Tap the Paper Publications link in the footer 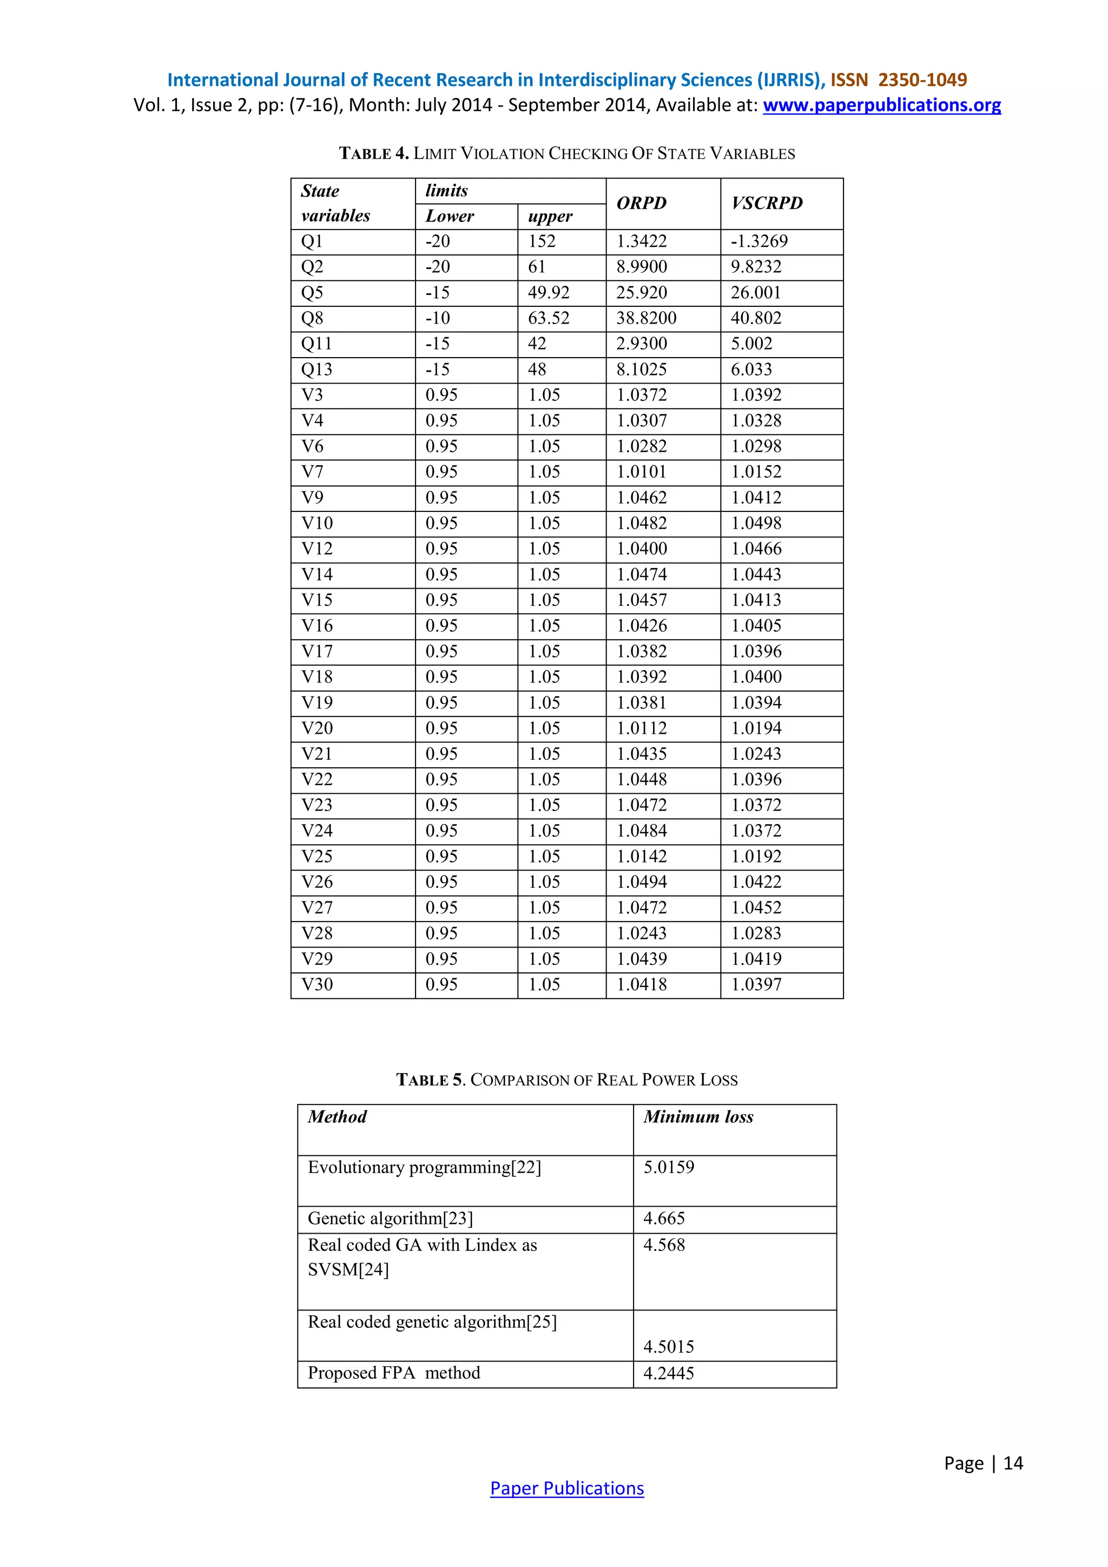566,1488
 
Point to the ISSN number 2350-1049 922,80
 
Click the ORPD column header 641,203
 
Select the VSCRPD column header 767,203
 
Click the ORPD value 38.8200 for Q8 646,318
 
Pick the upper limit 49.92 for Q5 549,293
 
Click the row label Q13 316,369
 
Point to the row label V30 317,984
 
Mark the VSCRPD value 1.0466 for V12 756,549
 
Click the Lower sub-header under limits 450,216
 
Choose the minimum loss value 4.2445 669,1373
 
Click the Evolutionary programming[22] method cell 424,1168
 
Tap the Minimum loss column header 698,1117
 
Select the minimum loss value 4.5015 669,1347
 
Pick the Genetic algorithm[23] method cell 390,1218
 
